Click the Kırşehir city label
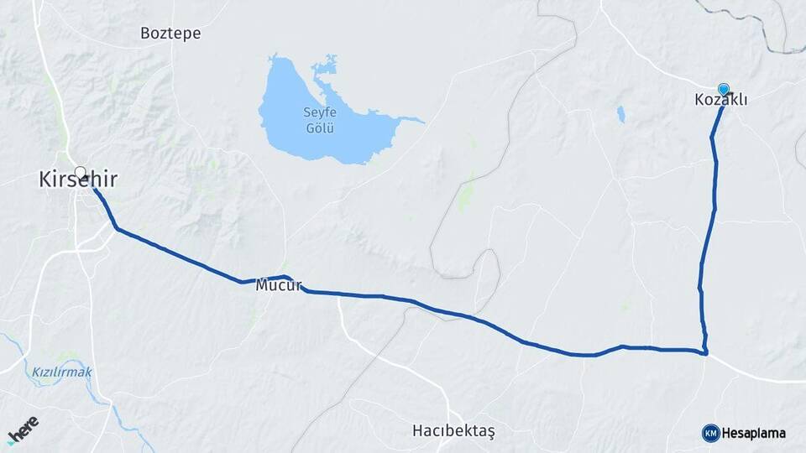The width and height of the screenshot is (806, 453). coord(77,180)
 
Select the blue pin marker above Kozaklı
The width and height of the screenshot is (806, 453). coord(724,89)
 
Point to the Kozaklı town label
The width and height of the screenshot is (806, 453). coord(721,100)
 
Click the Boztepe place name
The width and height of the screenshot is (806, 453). coord(170,34)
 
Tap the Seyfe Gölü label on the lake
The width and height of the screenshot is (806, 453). coord(319,121)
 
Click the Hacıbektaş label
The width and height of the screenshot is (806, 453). coord(453,430)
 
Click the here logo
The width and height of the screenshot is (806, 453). coord(23,429)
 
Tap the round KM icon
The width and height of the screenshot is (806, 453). coord(710,433)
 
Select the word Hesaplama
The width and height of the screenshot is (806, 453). coord(753,433)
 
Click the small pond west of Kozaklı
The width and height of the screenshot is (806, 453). coord(620,114)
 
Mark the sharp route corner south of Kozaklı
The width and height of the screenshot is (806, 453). coord(706,353)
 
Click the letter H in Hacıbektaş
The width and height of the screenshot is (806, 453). coord(418,430)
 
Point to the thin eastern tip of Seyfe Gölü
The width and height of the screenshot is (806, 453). coord(419,121)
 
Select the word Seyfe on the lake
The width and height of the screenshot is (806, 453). coord(319,114)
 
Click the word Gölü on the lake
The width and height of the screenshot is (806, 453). coord(319,128)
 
